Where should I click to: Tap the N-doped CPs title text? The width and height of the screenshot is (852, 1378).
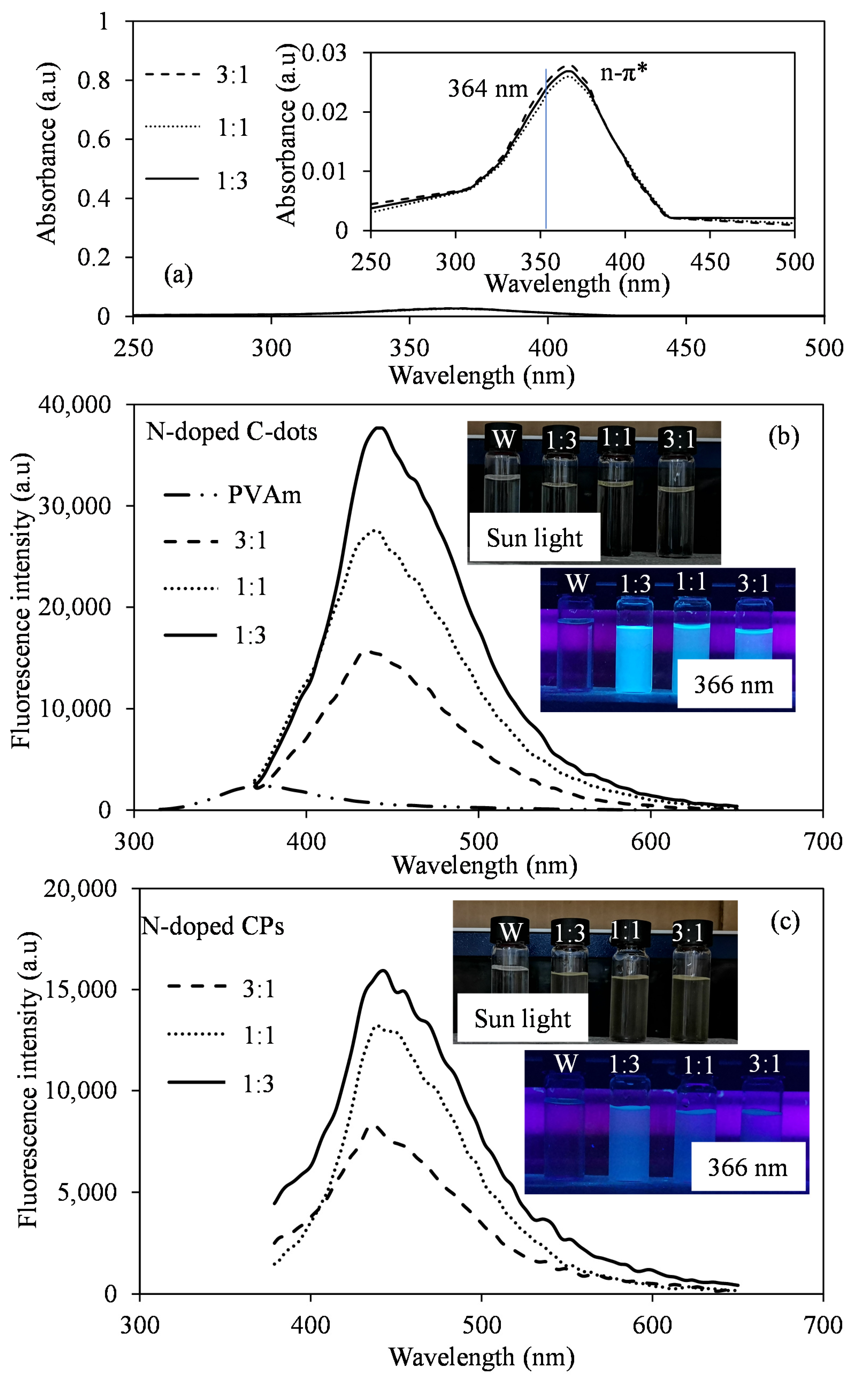click(212, 926)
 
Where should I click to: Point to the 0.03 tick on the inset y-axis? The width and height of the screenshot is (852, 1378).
click(325, 53)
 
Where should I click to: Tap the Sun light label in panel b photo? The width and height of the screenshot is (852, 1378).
click(534, 538)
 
